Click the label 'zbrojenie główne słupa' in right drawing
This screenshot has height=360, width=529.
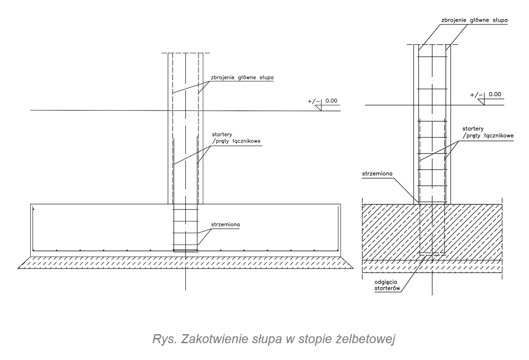tap(473, 20)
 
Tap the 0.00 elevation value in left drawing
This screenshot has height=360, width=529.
tap(331, 101)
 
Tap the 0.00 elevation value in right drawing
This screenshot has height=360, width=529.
tap(495, 94)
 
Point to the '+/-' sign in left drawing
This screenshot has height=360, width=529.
tap(314, 102)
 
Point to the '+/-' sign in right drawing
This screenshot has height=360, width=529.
tap(477, 95)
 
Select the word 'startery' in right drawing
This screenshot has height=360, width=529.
tap(473, 128)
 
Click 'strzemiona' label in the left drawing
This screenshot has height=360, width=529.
tap(225, 225)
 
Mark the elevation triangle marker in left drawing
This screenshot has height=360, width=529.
tap(321, 108)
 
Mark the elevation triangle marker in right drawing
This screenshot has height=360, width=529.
tap(485, 101)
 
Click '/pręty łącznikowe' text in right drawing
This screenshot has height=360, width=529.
tap(488, 135)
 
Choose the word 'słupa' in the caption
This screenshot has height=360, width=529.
tap(264, 339)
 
